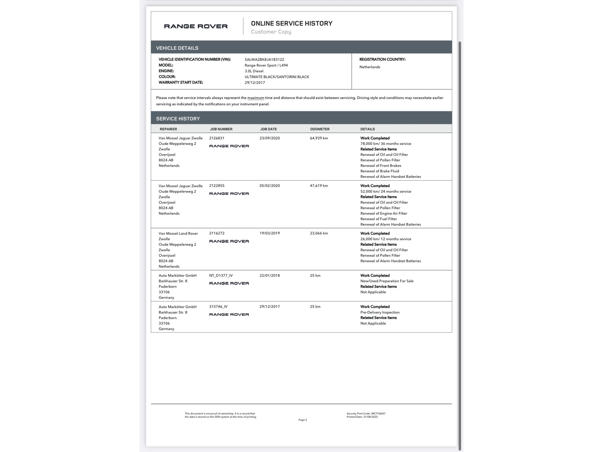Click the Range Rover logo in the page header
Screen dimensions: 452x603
196,26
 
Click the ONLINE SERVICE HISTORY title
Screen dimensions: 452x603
291,24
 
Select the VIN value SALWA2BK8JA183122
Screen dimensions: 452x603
264,60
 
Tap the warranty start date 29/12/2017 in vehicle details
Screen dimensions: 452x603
254,83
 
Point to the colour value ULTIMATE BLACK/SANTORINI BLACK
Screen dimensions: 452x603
277,77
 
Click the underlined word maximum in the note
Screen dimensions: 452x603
255,98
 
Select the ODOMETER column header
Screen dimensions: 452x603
320,129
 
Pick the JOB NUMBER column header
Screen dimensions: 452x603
221,129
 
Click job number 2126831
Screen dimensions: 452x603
217,138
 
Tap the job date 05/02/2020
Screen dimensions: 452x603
269,186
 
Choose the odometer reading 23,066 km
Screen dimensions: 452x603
319,233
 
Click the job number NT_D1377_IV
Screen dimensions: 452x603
221,276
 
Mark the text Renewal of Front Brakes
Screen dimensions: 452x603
381,166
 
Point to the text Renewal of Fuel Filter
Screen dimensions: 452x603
378,219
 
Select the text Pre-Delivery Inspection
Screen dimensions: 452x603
380,312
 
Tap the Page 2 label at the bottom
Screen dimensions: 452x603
302,420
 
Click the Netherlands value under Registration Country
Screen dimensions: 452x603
370,67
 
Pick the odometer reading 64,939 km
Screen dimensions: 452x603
319,138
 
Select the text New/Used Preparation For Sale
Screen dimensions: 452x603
387,281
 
